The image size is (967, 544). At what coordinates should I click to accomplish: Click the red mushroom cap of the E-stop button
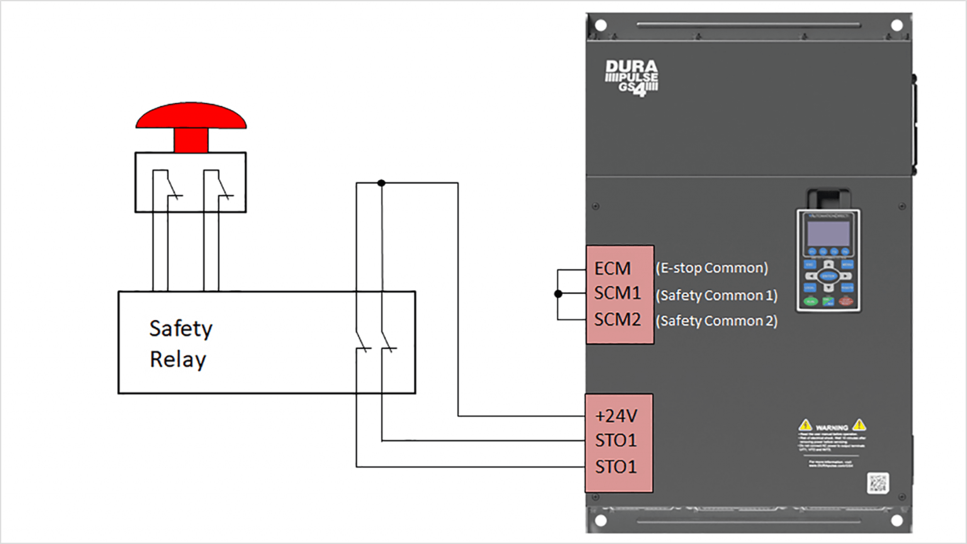coord(191,116)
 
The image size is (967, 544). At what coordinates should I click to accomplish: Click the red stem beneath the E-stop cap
coord(191,140)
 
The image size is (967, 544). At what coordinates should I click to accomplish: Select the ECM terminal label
coord(613,269)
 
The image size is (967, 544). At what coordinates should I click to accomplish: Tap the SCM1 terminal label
coord(617,293)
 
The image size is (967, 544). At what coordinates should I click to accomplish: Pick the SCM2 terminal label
coord(617,320)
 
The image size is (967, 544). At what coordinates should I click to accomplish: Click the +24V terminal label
coord(616,416)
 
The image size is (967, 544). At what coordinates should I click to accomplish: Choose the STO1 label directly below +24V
coord(616,441)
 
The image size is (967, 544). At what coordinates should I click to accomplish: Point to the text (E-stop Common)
coord(711,268)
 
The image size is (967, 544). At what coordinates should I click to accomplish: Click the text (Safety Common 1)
coord(716,295)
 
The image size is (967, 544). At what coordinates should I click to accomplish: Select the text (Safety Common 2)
coord(716,321)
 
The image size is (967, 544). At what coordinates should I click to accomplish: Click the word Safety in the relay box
coord(181,329)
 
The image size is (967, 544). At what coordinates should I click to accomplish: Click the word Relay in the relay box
coord(178,360)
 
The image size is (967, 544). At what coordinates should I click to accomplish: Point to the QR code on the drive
coord(878,483)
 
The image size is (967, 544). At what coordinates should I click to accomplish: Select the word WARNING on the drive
coord(832,428)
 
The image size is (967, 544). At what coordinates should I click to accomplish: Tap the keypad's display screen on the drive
coord(828,234)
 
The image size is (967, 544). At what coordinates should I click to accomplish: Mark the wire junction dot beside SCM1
coord(558,294)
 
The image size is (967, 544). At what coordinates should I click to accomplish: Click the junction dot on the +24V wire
coord(382,183)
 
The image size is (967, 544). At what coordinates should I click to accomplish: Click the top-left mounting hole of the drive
coord(601,26)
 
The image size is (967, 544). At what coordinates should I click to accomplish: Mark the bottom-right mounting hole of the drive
coord(897,521)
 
